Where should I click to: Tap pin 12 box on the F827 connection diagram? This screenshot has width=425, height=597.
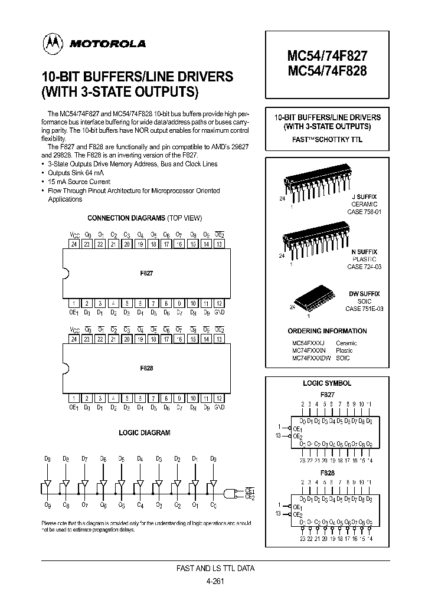(219, 303)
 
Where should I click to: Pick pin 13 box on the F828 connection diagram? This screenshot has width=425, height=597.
(219, 339)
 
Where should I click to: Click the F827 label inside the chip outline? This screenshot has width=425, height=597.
(146, 274)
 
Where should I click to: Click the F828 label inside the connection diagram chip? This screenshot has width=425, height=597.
(146, 368)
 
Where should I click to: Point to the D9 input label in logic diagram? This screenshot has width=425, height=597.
(48, 458)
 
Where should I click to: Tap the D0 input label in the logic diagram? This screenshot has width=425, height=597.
(213, 458)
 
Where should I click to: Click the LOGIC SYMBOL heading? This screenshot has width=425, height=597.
(327, 383)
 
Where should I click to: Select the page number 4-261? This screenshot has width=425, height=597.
(216, 580)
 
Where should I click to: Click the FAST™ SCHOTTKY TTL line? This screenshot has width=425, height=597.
(327, 140)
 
